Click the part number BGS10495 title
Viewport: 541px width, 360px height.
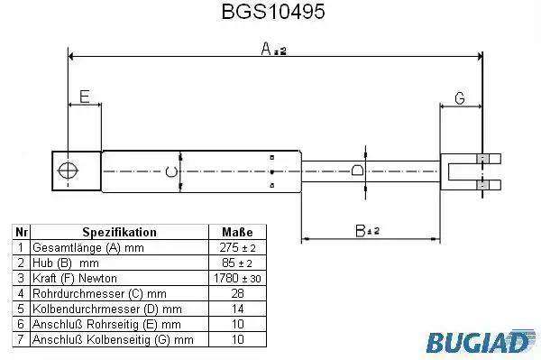273,12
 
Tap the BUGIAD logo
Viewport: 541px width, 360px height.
481,341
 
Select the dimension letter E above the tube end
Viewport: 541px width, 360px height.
85,97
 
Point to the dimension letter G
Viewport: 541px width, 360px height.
460,98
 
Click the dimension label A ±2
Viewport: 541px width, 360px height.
273,49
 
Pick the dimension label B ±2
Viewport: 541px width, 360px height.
367,231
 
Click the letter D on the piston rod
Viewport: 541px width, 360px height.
357,171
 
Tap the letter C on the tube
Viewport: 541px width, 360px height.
171,171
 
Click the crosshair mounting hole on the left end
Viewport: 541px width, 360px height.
68,171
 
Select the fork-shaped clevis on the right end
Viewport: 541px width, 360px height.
471,172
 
